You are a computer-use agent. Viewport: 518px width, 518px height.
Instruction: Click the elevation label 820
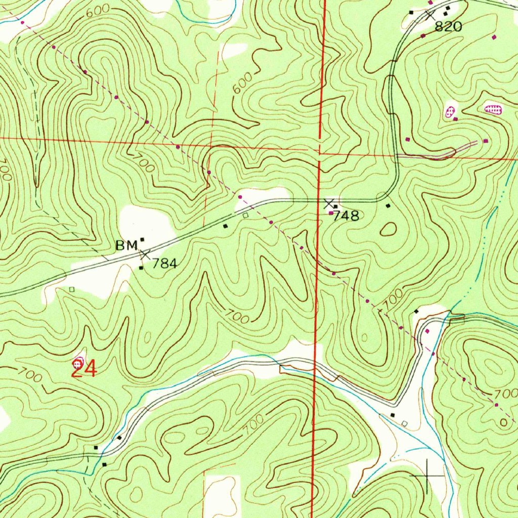(448, 27)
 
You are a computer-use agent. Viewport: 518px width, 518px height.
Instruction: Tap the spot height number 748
(347, 216)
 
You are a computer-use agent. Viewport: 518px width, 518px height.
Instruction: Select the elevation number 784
(164, 264)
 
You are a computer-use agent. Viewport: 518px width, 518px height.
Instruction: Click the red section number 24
(84, 370)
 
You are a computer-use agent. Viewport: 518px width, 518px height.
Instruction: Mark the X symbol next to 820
(430, 15)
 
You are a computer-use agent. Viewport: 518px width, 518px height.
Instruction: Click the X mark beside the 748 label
(329, 204)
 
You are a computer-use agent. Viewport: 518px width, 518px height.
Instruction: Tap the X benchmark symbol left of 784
(145, 254)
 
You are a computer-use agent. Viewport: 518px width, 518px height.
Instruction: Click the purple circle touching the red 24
(78, 362)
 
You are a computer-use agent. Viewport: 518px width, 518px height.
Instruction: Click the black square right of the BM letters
(143, 239)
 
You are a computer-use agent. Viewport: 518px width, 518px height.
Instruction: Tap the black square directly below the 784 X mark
(141, 269)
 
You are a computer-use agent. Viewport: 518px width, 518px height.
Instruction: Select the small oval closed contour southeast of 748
(388, 230)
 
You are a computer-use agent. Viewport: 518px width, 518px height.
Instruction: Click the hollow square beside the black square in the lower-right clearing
(404, 422)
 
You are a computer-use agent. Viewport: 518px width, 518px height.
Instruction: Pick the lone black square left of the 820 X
(411, 12)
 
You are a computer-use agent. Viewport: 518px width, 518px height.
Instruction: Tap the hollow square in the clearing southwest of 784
(72, 289)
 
